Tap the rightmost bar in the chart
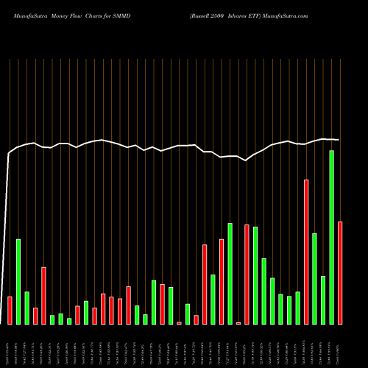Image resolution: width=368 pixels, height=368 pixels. coord(340,272)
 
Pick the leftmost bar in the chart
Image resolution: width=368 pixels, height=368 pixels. coord(10,310)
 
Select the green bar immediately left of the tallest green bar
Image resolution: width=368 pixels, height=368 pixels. coord(323,300)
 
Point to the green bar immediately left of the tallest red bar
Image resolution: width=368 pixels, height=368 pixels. coord(298,308)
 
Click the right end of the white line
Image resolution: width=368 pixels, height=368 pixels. coord(339,140)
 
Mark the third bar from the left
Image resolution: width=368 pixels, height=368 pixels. coord(26,308)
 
